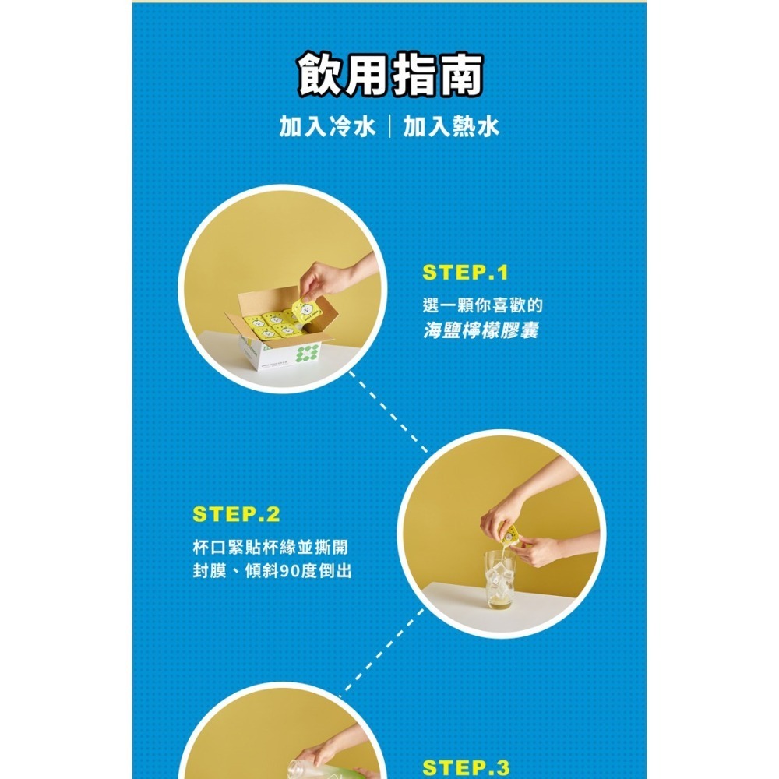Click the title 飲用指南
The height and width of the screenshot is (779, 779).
click(x=389, y=76)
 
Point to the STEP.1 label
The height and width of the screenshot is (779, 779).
click(x=465, y=273)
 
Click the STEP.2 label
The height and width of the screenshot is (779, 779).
click(x=236, y=515)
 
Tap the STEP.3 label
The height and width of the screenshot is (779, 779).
click(x=465, y=768)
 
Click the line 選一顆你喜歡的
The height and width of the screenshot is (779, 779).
click(x=481, y=305)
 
